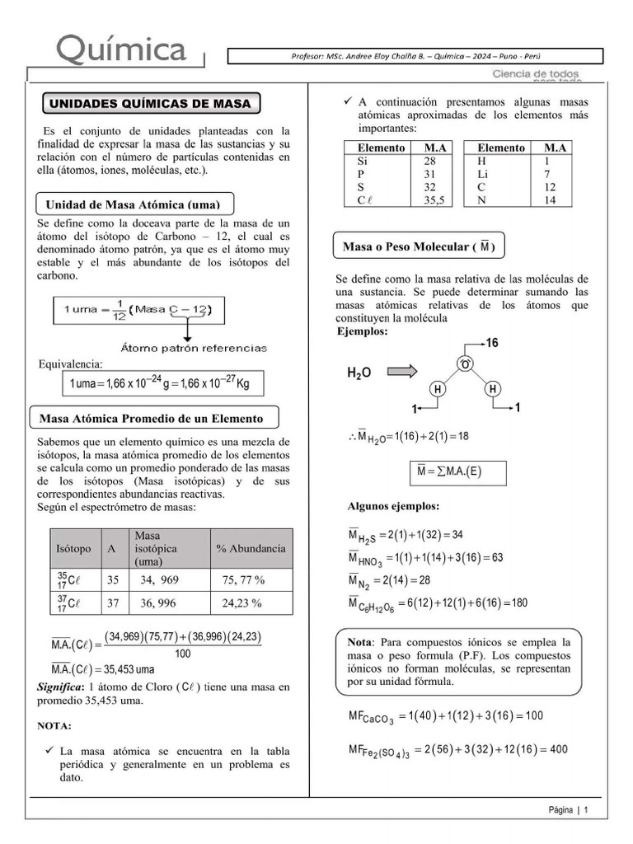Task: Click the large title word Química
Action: click(121, 50)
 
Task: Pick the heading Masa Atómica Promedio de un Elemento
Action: click(152, 418)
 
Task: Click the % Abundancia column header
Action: click(251, 548)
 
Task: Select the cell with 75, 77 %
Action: click(243, 580)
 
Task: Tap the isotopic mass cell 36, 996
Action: click(158, 603)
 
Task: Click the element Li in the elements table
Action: click(483, 175)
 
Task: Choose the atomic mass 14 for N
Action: click(550, 199)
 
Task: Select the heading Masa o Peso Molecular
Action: click(419, 247)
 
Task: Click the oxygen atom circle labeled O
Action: click(465, 364)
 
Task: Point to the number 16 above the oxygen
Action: click(492, 343)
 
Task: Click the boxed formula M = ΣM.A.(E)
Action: click(457, 471)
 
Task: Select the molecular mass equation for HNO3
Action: click(425, 559)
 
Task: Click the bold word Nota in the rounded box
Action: click(360, 641)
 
